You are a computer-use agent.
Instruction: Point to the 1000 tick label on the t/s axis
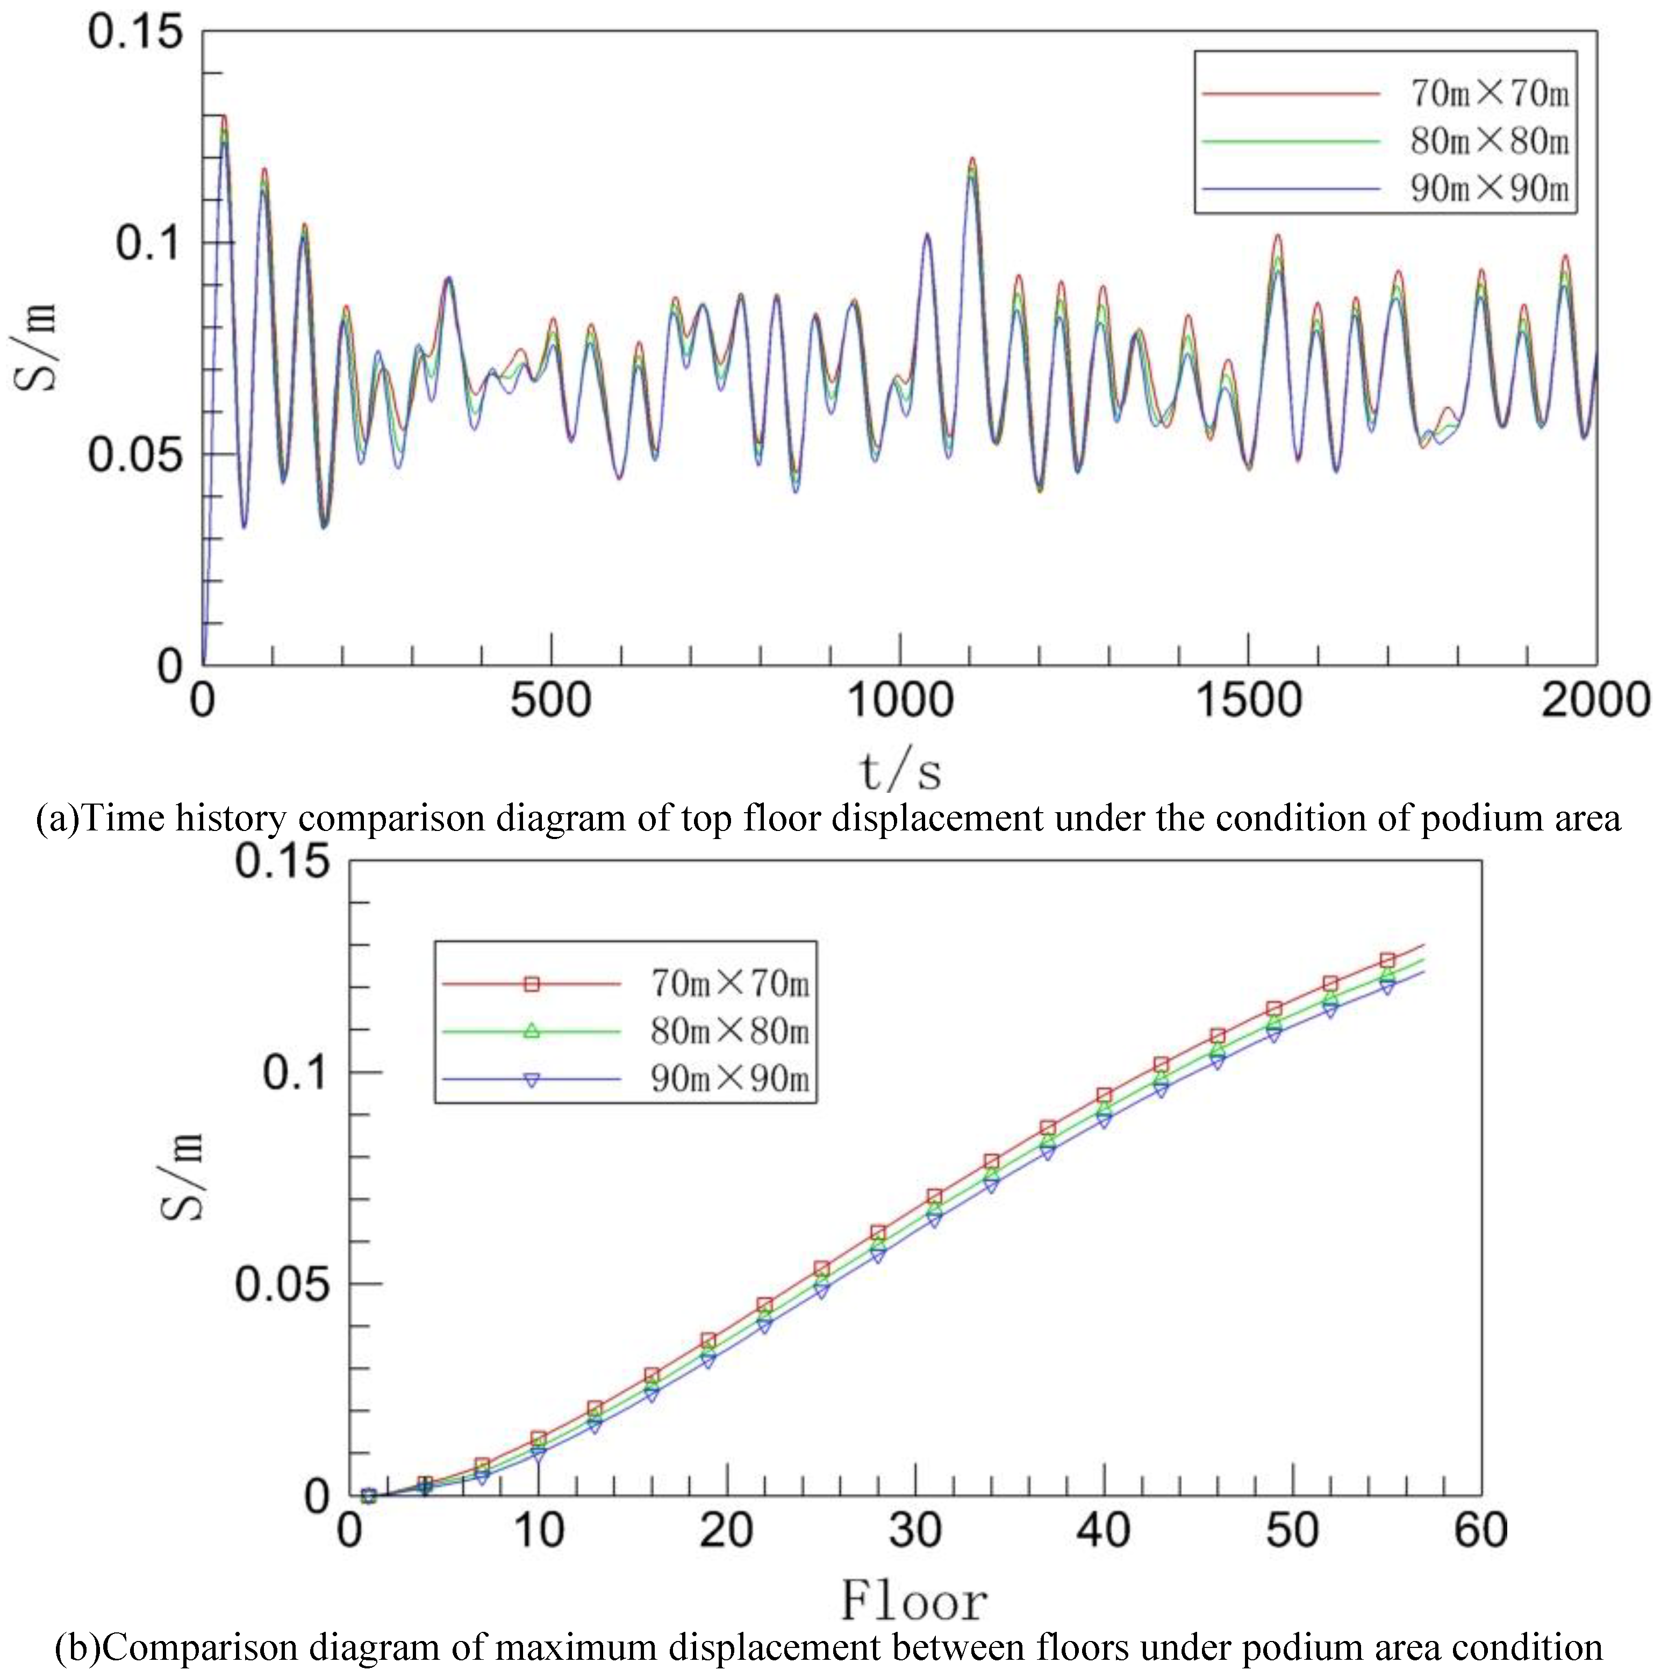pyautogui.click(x=899, y=700)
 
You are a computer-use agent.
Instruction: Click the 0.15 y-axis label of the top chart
pyautogui.click(x=137, y=33)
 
